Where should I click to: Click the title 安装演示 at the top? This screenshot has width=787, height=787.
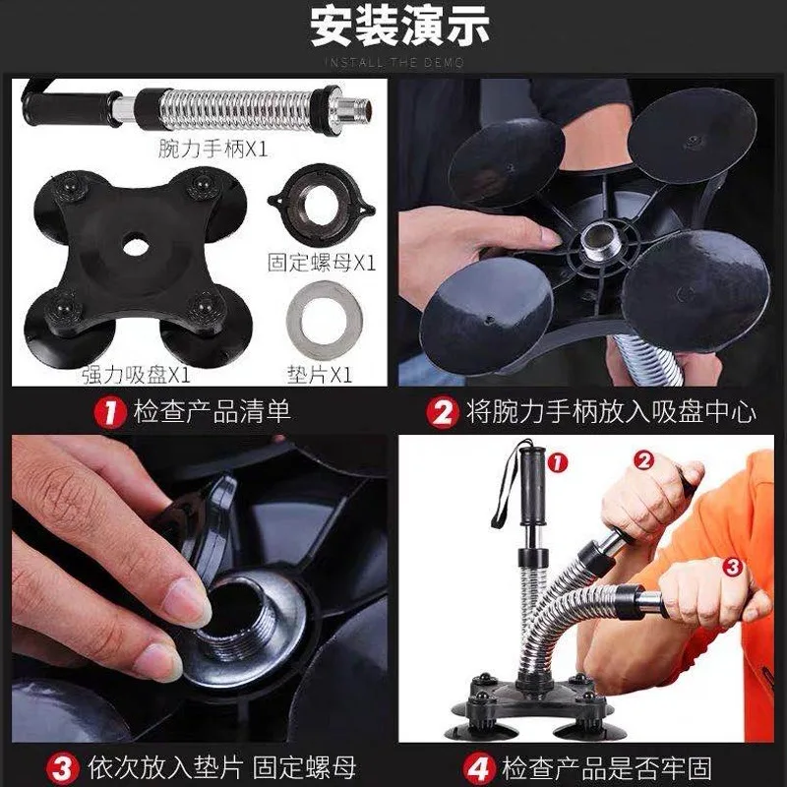click(x=399, y=26)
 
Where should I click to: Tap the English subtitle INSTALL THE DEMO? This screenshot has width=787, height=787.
click(x=394, y=63)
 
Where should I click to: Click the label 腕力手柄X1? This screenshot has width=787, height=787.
click(x=212, y=149)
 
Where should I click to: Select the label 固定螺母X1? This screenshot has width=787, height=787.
click(x=322, y=263)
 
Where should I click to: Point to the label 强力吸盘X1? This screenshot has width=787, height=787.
click(x=137, y=375)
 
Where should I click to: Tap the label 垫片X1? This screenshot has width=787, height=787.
click(x=320, y=375)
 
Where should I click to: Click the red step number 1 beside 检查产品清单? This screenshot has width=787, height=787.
click(x=109, y=412)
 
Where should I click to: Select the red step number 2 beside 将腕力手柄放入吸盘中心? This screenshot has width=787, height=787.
click(x=442, y=412)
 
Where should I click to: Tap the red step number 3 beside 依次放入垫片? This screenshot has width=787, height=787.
click(x=63, y=769)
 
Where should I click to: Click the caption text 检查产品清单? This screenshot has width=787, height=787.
click(x=212, y=412)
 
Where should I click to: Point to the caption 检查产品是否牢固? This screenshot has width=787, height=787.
click(x=607, y=768)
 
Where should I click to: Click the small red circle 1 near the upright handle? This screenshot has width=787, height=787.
click(x=557, y=462)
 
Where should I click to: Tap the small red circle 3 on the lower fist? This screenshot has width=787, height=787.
click(x=732, y=568)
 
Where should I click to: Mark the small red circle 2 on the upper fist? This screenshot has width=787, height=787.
click(x=644, y=459)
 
